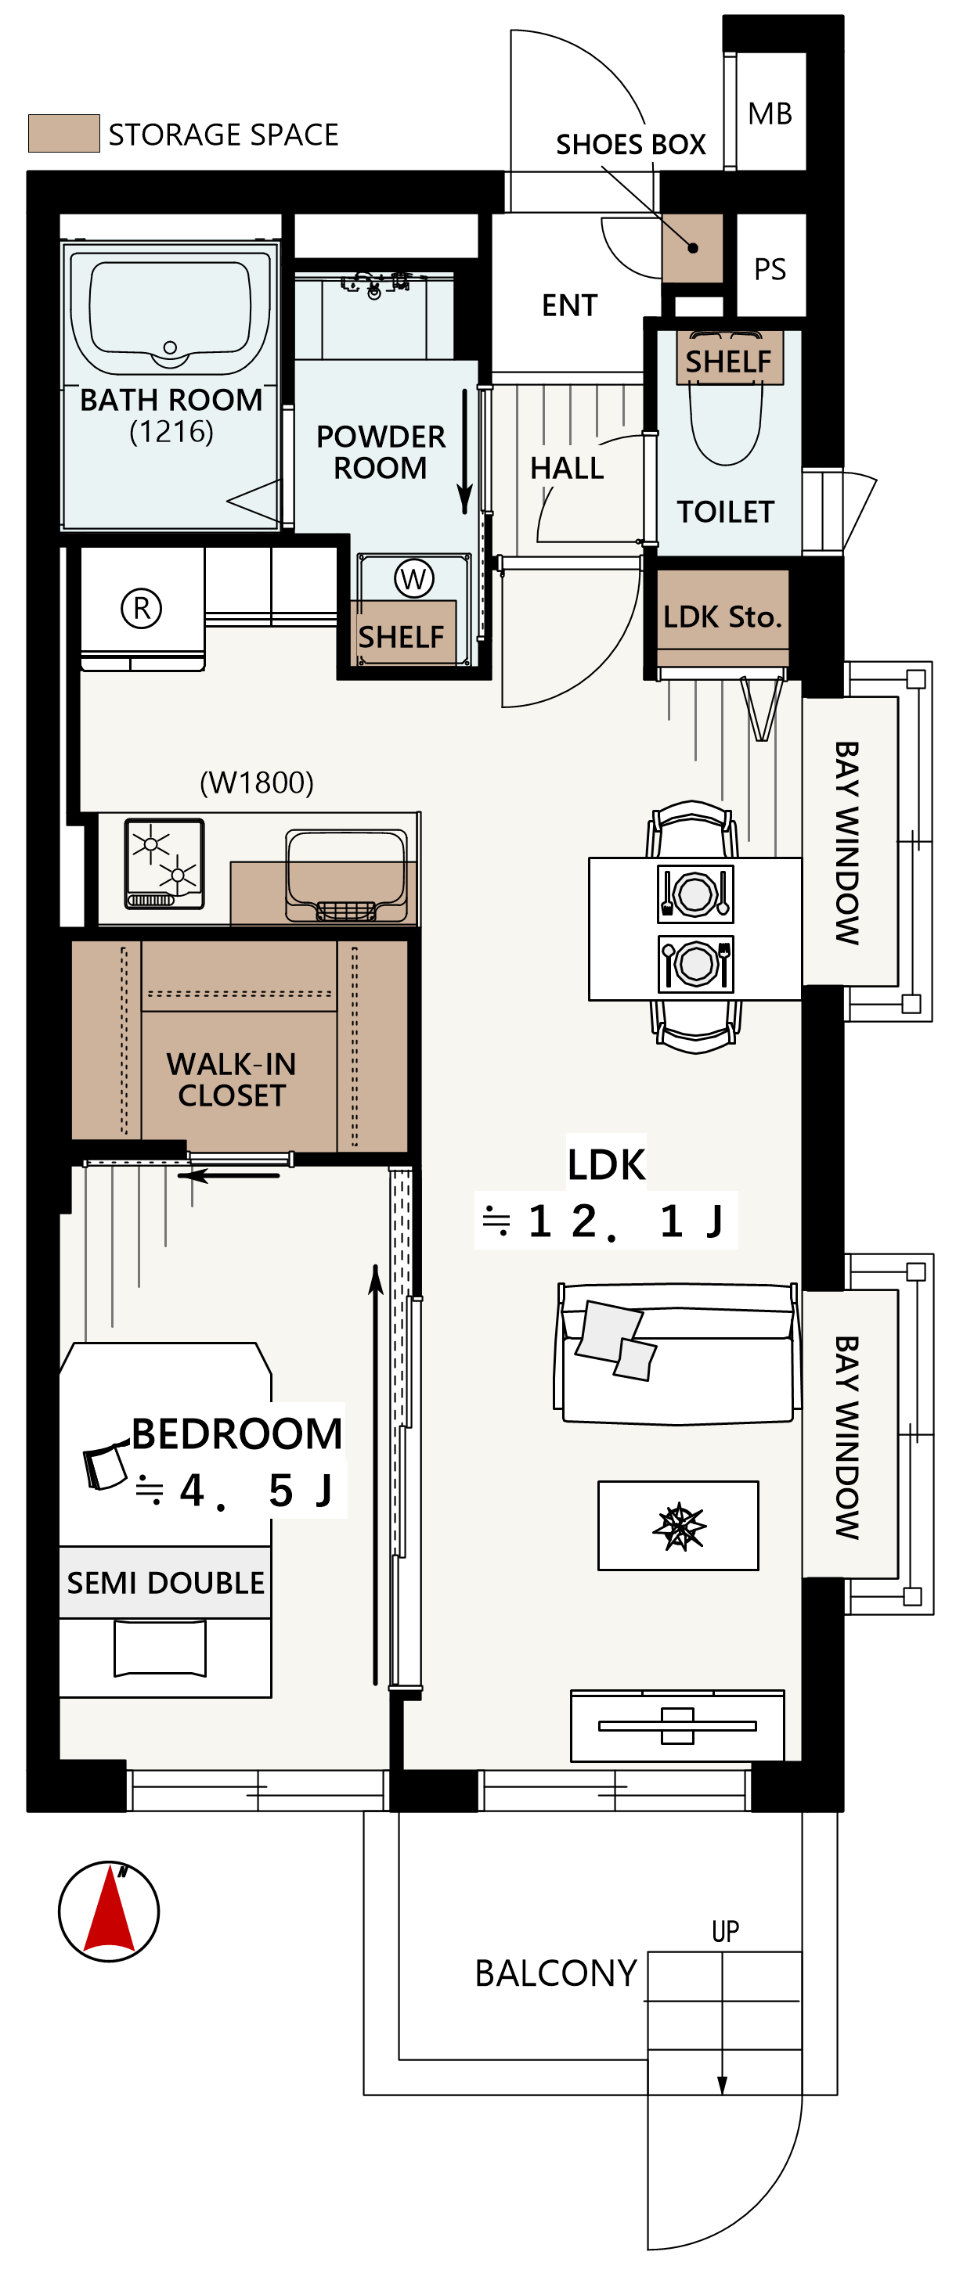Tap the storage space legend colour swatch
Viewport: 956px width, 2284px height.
pyautogui.click(x=64, y=134)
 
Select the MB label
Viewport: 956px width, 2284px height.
pyautogui.click(x=770, y=113)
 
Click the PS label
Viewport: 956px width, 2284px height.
pyautogui.click(x=770, y=268)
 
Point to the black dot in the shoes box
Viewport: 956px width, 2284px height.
pyautogui.click(x=693, y=248)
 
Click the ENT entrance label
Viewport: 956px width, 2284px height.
pyautogui.click(x=569, y=305)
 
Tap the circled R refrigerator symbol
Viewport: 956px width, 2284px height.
pyautogui.click(x=141, y=608)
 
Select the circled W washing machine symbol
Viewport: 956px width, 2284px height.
pyautogui.click(x=413, y=579)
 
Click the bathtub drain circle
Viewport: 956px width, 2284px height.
pyautogui.click(x=170, y=347)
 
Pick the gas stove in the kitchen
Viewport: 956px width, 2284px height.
pyautogui.click(x=165, y=865)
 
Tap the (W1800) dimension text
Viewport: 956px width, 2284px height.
pyautogui.click(x=256, y=782)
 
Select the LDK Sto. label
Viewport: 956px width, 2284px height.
pyautogui.click(x=723, y=617)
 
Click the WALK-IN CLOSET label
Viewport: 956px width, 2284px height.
pyautogui.click(x=232, y=1079)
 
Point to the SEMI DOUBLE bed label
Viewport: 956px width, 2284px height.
pyautogui.click(x=166, y=1583)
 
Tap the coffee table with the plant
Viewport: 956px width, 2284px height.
pyautogui.click(x=678, y=1526)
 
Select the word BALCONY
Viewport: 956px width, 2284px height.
pyautogui.click(x=556, y=1973)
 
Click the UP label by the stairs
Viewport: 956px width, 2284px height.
pyautogui.click(x=726, y=1931)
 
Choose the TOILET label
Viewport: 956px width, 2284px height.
pyautogui.click(x=726, y=512)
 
